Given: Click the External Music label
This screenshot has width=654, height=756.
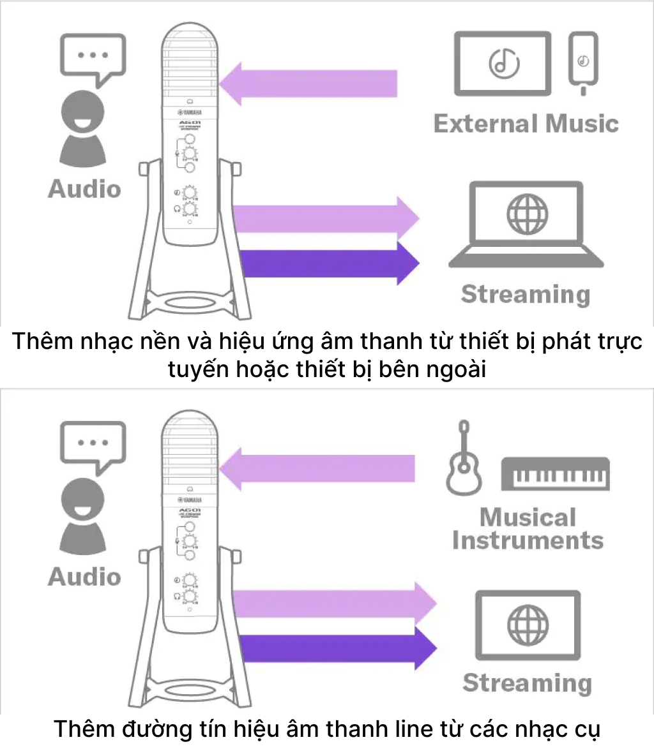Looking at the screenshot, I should click(x=526, y=123).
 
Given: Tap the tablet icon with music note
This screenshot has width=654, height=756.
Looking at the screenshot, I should click(x=503, y=64).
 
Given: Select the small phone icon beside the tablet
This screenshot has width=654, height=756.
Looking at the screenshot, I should click(x=582, y=62).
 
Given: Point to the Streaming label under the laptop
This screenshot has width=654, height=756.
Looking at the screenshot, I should click(x=526, y=294).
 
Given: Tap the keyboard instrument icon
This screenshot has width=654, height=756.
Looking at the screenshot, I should click(x=555, y=473).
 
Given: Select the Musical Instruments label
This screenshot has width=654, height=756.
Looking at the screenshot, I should click(x=528, y=529).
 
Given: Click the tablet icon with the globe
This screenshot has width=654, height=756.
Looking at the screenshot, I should click(x=528, y=625).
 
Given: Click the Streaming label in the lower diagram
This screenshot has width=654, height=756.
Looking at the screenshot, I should click(x=527, y=683).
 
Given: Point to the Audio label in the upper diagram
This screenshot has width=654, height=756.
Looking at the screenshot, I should click(x=84, y=189).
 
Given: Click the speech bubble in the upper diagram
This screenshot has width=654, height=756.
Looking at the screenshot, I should click(x=93, y=58).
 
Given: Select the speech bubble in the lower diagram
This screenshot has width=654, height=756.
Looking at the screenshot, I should click(x=93, y=445).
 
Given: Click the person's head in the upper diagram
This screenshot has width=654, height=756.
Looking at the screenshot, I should click(x=83, y=112).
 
